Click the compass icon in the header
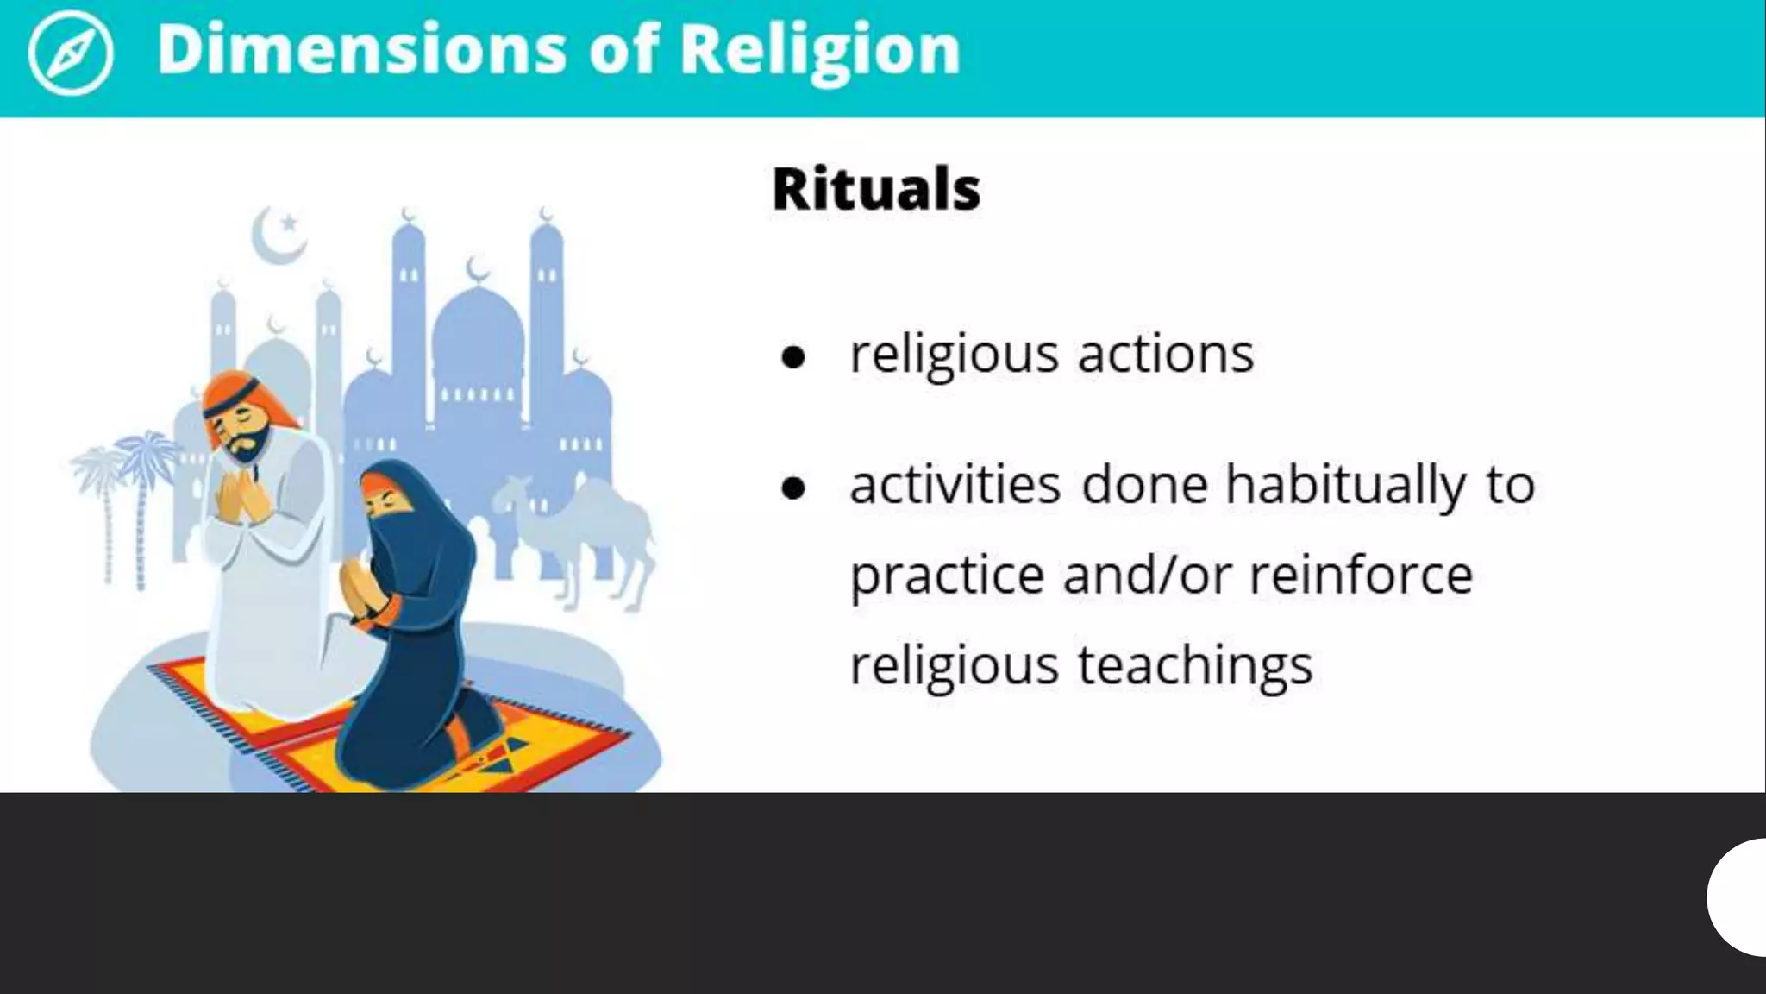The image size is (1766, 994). tap(70, 53)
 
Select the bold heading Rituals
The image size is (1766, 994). tap(876, 188)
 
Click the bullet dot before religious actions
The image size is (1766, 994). tap(792, 356)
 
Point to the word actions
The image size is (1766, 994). tap(1165, 354)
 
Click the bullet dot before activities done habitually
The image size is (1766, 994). tap(792, 488)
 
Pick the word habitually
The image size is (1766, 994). tap(1345, 485)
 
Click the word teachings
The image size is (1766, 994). tap(1195, 666)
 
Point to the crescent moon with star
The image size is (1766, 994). tap(279, 234)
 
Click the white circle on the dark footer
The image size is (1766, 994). tap(1740, 897)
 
